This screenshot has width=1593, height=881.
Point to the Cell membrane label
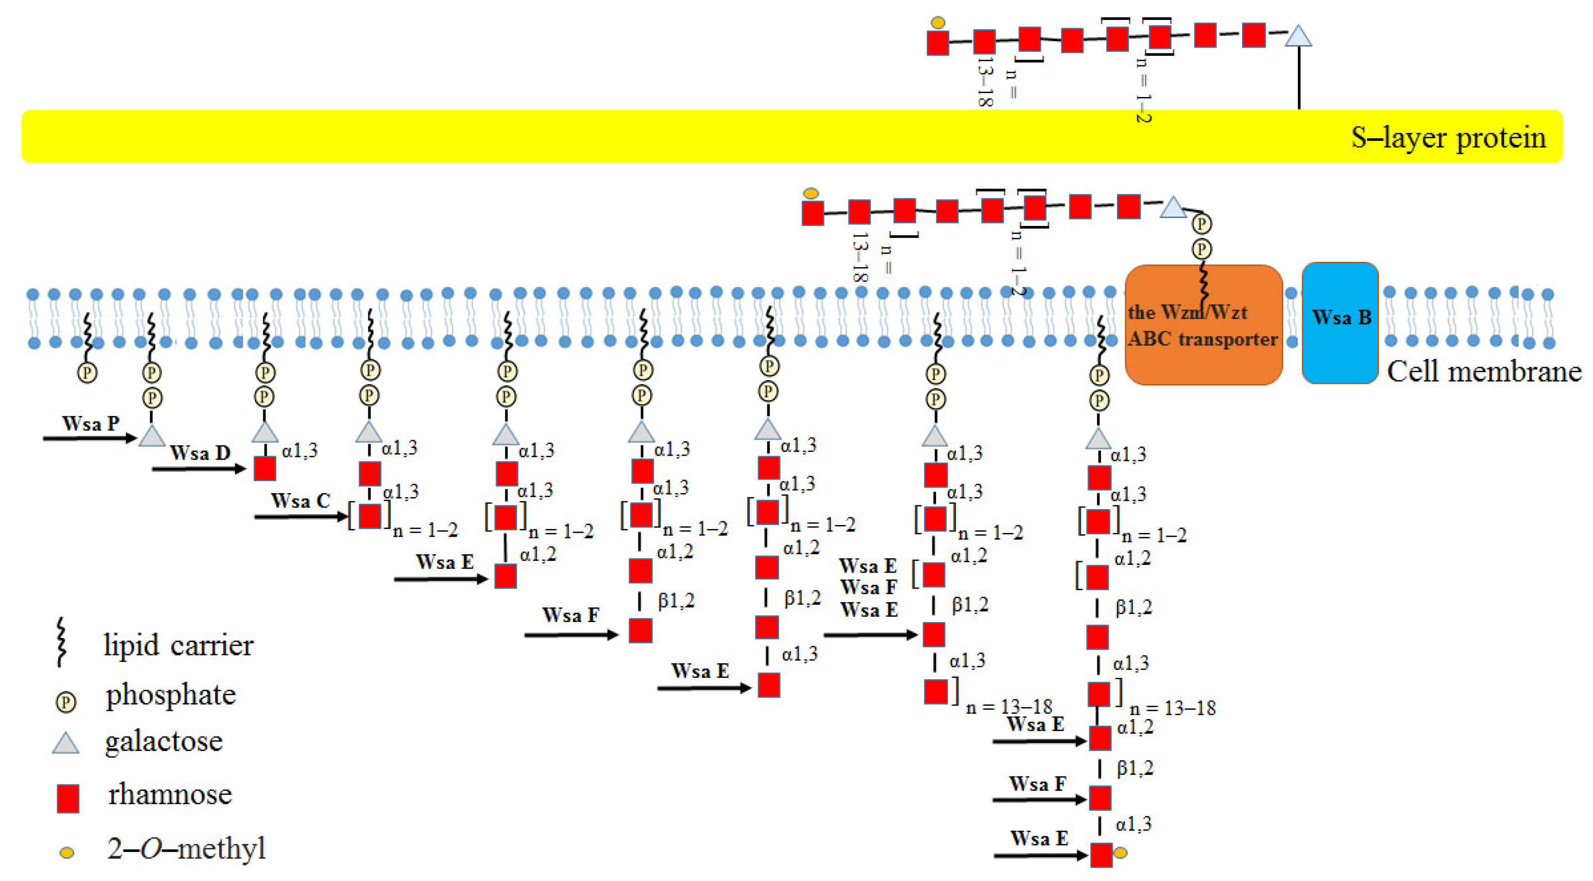point(1483,372)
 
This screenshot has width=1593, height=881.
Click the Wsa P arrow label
point(90,424)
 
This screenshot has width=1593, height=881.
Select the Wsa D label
point(200,453)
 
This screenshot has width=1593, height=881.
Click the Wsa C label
point(301,500)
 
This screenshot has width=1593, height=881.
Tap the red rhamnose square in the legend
point(67,798)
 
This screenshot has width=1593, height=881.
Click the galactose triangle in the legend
point(65,743)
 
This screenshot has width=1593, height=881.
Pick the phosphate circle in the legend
point(65,702)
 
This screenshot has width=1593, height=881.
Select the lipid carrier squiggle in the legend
point(61,641)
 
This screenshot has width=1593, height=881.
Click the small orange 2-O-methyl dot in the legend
point(67,852)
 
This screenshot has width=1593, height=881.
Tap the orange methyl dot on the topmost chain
point(938,23)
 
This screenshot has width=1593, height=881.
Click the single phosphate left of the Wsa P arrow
point(87,372)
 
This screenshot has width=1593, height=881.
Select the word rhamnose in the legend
point(170,794)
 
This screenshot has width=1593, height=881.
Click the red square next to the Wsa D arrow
point(265,469)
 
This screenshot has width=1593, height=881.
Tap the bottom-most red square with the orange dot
point(1101,854)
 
